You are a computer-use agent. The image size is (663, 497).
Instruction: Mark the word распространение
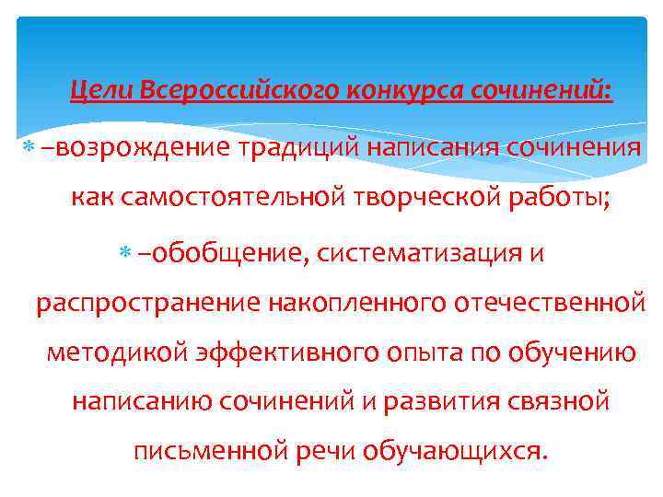[x=147, y=304]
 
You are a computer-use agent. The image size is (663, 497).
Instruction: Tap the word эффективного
[x=280, y=353]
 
